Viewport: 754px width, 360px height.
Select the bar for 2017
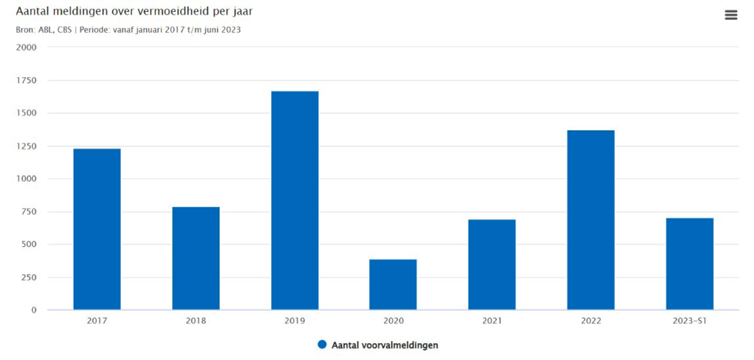click(x=97, y=229)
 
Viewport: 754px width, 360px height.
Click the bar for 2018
click(x=196, y=258)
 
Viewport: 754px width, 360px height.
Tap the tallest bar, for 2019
click(x=295, y=200)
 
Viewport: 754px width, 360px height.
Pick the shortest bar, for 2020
click(x=393, y=285)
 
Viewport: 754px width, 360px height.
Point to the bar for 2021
click(x=492, y=265)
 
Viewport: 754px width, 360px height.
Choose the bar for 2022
click(x=591, y=220)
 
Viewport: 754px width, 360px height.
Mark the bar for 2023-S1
click(x=690, y=264)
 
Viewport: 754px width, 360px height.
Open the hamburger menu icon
click(x=731, y=15)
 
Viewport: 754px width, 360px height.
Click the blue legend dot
click(x=322, y=345)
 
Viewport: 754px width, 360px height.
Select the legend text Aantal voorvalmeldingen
click(x=385, y=345)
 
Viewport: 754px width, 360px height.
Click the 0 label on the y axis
click(x=34, y=310)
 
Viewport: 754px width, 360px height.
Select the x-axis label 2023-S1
click(x=690, y=321)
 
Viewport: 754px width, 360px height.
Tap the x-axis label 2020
click(x=393, y=321)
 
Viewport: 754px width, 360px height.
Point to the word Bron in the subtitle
click(x=26, y=30)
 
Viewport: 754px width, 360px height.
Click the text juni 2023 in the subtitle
click(x=223, y=30)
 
